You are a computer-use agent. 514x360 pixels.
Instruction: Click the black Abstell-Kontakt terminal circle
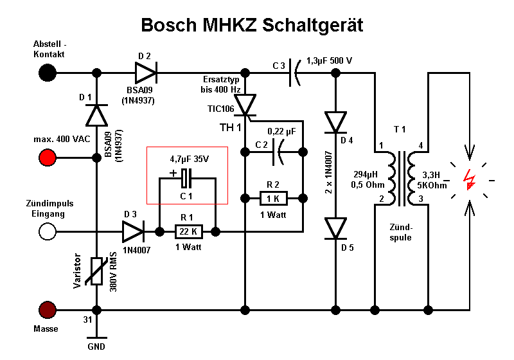[47, 73]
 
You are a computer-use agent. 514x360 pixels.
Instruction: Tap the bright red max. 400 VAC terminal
[47, 157]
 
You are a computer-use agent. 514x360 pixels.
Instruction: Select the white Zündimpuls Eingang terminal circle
[47, 231]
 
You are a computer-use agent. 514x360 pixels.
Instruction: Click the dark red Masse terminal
[47, 310]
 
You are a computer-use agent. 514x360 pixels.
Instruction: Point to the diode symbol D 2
[146, 73]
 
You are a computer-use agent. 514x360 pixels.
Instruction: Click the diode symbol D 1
[97, 115]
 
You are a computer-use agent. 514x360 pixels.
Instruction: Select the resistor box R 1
[189, 231]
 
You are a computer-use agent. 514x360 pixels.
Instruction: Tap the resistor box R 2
[273, 197]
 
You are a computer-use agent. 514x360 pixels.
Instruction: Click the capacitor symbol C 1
[187, 177]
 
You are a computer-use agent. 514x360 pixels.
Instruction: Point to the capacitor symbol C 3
[296, 73]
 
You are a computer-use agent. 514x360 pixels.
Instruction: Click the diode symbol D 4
[335, 122]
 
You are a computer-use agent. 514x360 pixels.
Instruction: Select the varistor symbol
[97, 271]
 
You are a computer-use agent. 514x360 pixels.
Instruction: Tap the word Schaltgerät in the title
[308, 26]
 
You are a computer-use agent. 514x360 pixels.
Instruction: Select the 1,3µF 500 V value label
[330, 60]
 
